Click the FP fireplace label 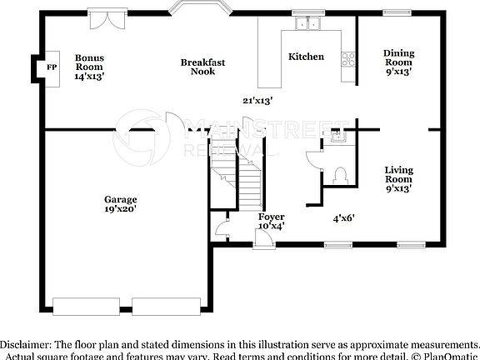click(x=51, y=67)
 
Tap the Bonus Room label click(x=88, y=67)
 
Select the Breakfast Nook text click(x=202, y=67)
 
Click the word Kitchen click(x=306, y=57)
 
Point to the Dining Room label click(x=398, y=61)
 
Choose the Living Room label click(x=398, y=178)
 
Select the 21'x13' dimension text click(x=258, y=100)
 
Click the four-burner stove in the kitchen click(x=348, y=59)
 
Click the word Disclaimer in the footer click(x=26, y=344)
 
